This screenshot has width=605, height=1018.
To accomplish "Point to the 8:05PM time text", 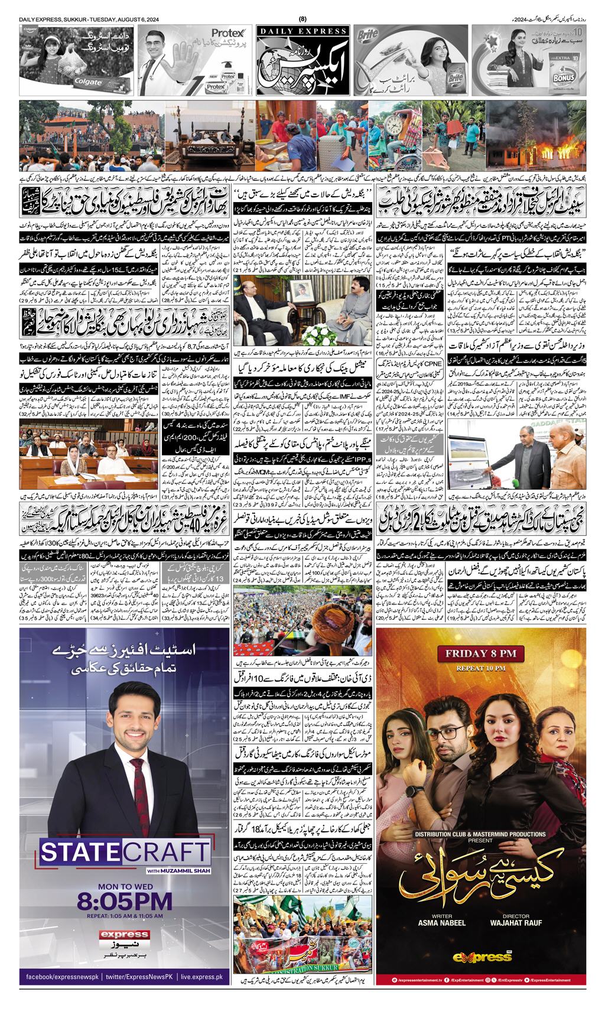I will [x=125, y=902].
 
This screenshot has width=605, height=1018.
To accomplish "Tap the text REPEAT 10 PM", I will [x=483, y=669].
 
